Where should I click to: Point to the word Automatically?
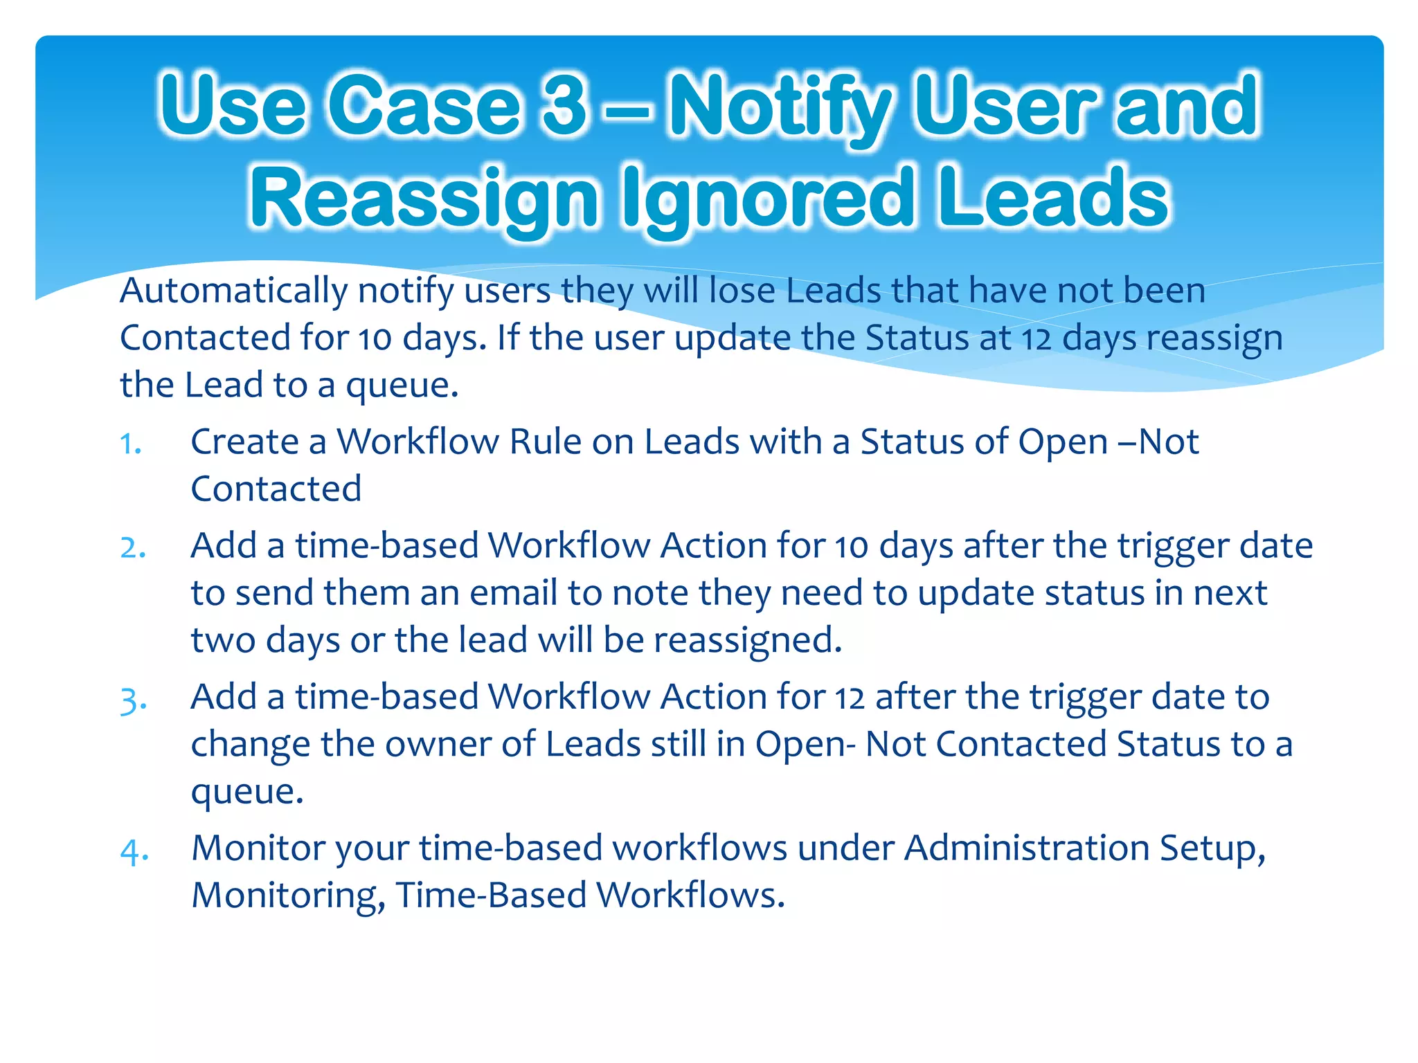pyautogui.click(x=233, y=291)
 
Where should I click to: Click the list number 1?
pyautogui.click(x=130, y=444)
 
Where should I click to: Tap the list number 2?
pyautogui.click(x=132, y=547)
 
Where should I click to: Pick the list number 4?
pyautogui.click(x=134, y=851)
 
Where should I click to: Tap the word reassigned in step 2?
pyautogui.click(x=748, y=640)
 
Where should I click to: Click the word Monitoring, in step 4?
pyautogui.click(x=288, y=896)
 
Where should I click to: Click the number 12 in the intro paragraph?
pyautogui.click(x=1036, y=339)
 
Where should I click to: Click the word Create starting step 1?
pyautogui.click(x=244, y=442)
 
